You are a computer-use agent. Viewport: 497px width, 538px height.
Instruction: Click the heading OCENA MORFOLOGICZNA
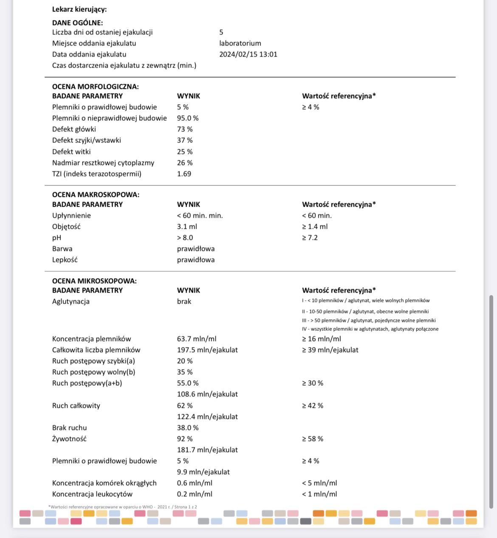[95, 86]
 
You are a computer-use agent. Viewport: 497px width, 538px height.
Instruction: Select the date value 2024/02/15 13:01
[248, 54]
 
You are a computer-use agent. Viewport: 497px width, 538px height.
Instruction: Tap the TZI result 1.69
[184, 174]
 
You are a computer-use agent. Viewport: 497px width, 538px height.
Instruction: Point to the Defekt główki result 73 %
[185, 129]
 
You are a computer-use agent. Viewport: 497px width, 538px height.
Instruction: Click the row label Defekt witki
[71, 151]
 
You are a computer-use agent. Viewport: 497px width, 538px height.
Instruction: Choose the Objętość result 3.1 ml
[187, 226]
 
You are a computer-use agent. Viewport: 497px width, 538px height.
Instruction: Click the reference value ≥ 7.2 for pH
[310, 237]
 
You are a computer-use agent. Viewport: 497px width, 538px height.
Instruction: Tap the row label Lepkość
[65, 259]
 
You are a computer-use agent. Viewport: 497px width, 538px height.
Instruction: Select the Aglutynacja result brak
[184, 301]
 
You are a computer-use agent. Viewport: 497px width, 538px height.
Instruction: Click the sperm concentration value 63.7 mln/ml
[197, 339]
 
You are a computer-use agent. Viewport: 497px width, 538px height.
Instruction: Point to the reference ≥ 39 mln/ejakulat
[330, 350]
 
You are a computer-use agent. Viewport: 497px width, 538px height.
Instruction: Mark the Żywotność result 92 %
[185, 438]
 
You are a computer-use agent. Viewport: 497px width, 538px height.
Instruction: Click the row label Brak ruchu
[69, 427]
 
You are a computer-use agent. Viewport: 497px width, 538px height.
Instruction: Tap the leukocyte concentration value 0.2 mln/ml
[195, 494]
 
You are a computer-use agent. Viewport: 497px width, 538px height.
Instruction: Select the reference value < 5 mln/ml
[319, 483]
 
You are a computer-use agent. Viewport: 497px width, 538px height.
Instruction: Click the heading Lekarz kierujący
[79, 9]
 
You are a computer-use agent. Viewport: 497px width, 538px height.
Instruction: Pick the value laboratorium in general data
[240, 43]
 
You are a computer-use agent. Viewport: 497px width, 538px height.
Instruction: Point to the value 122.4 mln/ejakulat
[207, 416]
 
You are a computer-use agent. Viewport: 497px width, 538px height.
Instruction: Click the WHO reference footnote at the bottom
[123, 507]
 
